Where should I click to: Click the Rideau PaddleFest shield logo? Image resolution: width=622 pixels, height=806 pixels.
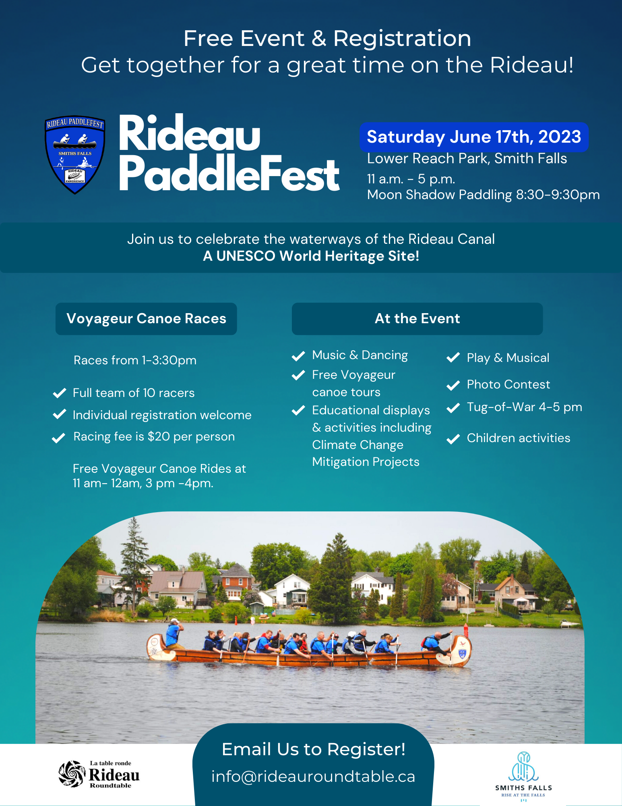click(75, 154)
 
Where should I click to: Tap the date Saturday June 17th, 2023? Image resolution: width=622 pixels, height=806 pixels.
click(474, 137)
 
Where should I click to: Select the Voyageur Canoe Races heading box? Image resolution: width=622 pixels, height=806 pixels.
click(146, 319)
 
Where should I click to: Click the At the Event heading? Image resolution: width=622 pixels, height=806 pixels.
click(417, 319)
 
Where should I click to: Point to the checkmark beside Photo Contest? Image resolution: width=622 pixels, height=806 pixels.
click(453, 385)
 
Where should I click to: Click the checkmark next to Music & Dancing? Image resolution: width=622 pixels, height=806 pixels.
click(298, 356)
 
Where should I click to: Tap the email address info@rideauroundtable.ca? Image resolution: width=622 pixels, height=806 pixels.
click(313, 777)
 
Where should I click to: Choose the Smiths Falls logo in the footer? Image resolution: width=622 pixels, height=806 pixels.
click(523, 776)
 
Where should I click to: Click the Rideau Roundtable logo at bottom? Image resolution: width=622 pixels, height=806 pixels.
click(99, 774)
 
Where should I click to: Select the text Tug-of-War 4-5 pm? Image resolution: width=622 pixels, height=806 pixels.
click(525, 407)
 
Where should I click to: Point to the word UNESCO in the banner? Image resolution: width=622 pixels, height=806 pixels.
click(246, 256)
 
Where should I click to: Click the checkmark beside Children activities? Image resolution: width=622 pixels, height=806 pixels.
click(453, 439)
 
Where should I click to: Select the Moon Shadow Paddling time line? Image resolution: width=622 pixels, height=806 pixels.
click(484, 195)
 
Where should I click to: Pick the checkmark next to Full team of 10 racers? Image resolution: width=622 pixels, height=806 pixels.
click(60, 393)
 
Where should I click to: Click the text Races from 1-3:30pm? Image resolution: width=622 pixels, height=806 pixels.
click(135, 360)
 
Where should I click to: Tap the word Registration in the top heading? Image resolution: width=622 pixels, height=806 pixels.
click(402, 39)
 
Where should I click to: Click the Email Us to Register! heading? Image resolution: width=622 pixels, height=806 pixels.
click(314, 750)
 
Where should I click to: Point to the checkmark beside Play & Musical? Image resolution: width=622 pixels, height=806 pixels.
click(453, 357)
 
